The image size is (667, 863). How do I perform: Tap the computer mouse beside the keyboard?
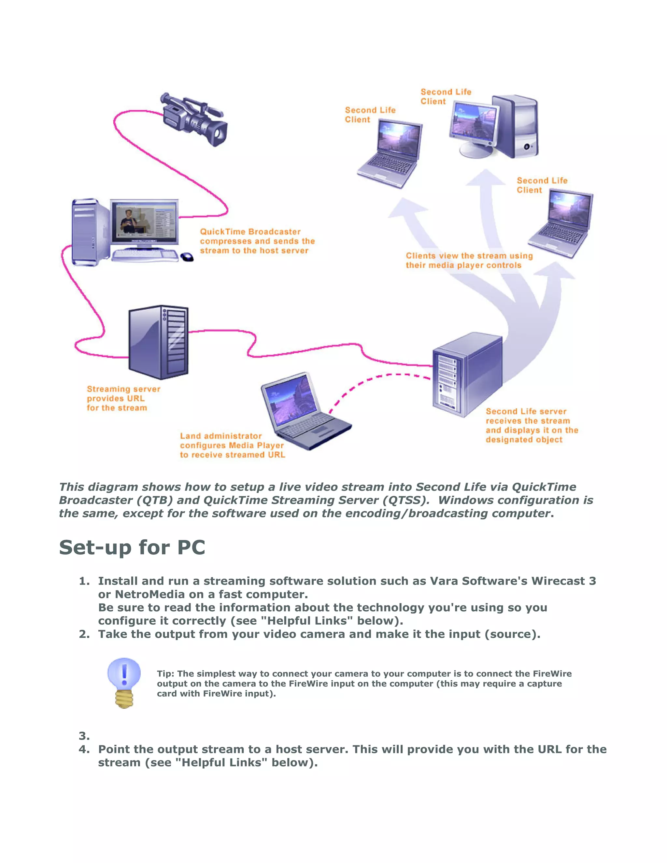click(x=187, y=257)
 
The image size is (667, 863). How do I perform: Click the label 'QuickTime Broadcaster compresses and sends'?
click(x=257, y=241)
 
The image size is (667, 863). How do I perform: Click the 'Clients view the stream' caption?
click(x=469, y=261)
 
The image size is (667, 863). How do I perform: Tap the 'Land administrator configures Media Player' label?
click(x=232, y=445)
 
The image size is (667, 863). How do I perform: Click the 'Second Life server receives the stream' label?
click(x=532, y=426)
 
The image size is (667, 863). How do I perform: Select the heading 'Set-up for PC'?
click(x=132, y=548)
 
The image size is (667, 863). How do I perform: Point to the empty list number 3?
click(x=84, y=736)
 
